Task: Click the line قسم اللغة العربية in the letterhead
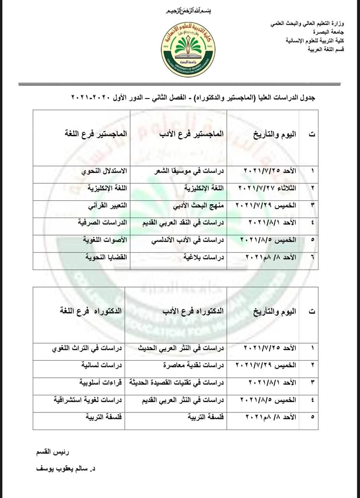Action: [326, 49]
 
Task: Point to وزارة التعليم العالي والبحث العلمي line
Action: [307, 24]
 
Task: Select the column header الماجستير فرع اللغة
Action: [96, 134]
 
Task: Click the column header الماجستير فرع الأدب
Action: [192, 134]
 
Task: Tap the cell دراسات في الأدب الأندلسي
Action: [188, 240]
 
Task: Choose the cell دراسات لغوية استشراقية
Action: [88, 400]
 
